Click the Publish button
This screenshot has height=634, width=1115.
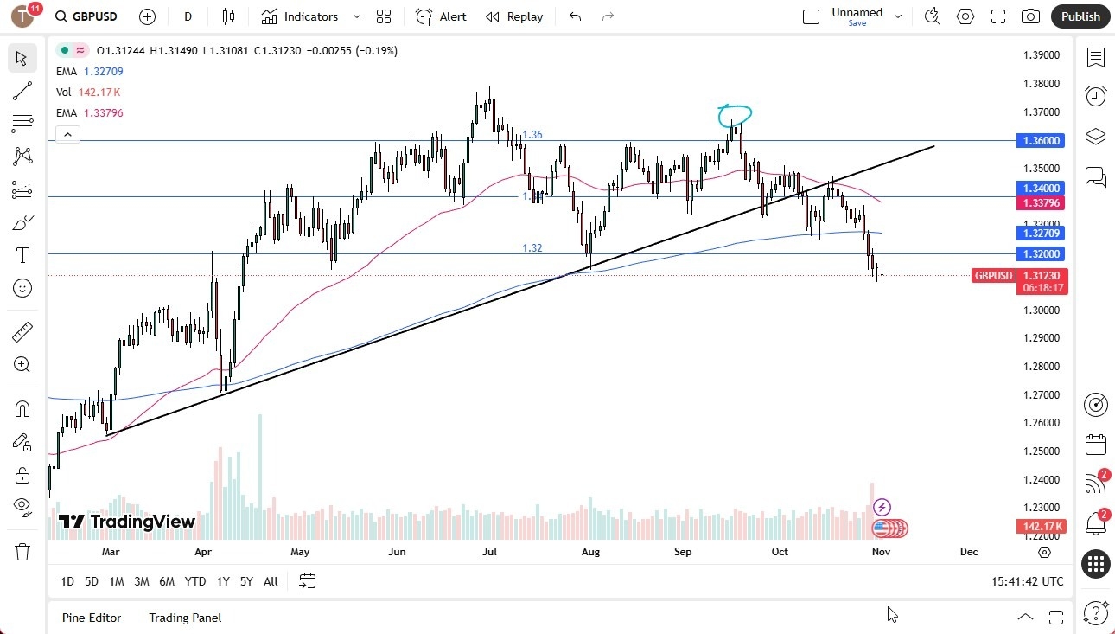1080,16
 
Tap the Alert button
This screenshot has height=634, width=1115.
441,16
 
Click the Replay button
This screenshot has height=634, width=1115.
514,16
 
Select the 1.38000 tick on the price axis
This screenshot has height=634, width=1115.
1041,84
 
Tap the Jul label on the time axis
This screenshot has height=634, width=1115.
489,551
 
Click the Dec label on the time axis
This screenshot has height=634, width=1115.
969,551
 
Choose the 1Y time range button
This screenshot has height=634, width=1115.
223,581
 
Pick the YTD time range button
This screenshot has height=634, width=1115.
195,581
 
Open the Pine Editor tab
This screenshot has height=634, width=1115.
92,618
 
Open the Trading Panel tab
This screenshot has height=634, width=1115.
185,618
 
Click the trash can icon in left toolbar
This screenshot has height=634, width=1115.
22,551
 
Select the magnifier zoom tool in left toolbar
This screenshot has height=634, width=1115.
22,365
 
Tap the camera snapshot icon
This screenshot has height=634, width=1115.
1030,16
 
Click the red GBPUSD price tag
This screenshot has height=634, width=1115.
993,276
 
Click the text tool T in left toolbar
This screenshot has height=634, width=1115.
22,255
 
